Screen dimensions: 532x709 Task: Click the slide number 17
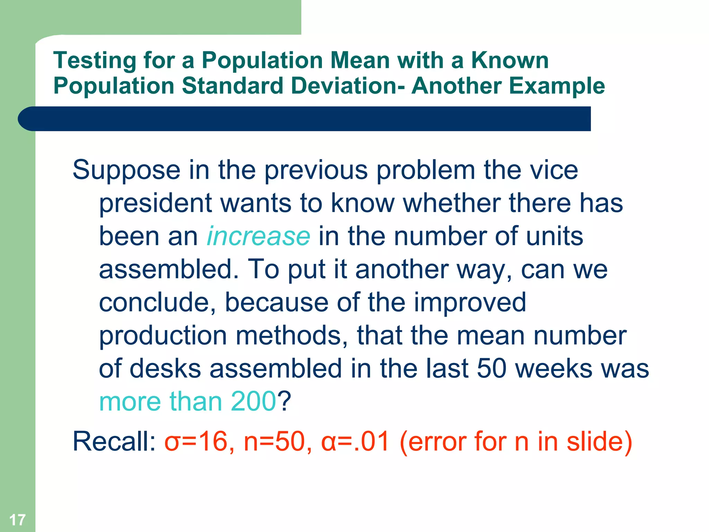pos(17,520)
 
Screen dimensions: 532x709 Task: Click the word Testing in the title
pos(95,61)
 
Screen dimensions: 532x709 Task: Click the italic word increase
pos(258,236)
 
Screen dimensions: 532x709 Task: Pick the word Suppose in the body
pos(126,170)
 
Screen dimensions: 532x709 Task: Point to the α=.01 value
pos(355,442)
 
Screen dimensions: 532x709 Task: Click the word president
pos(155,203)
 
